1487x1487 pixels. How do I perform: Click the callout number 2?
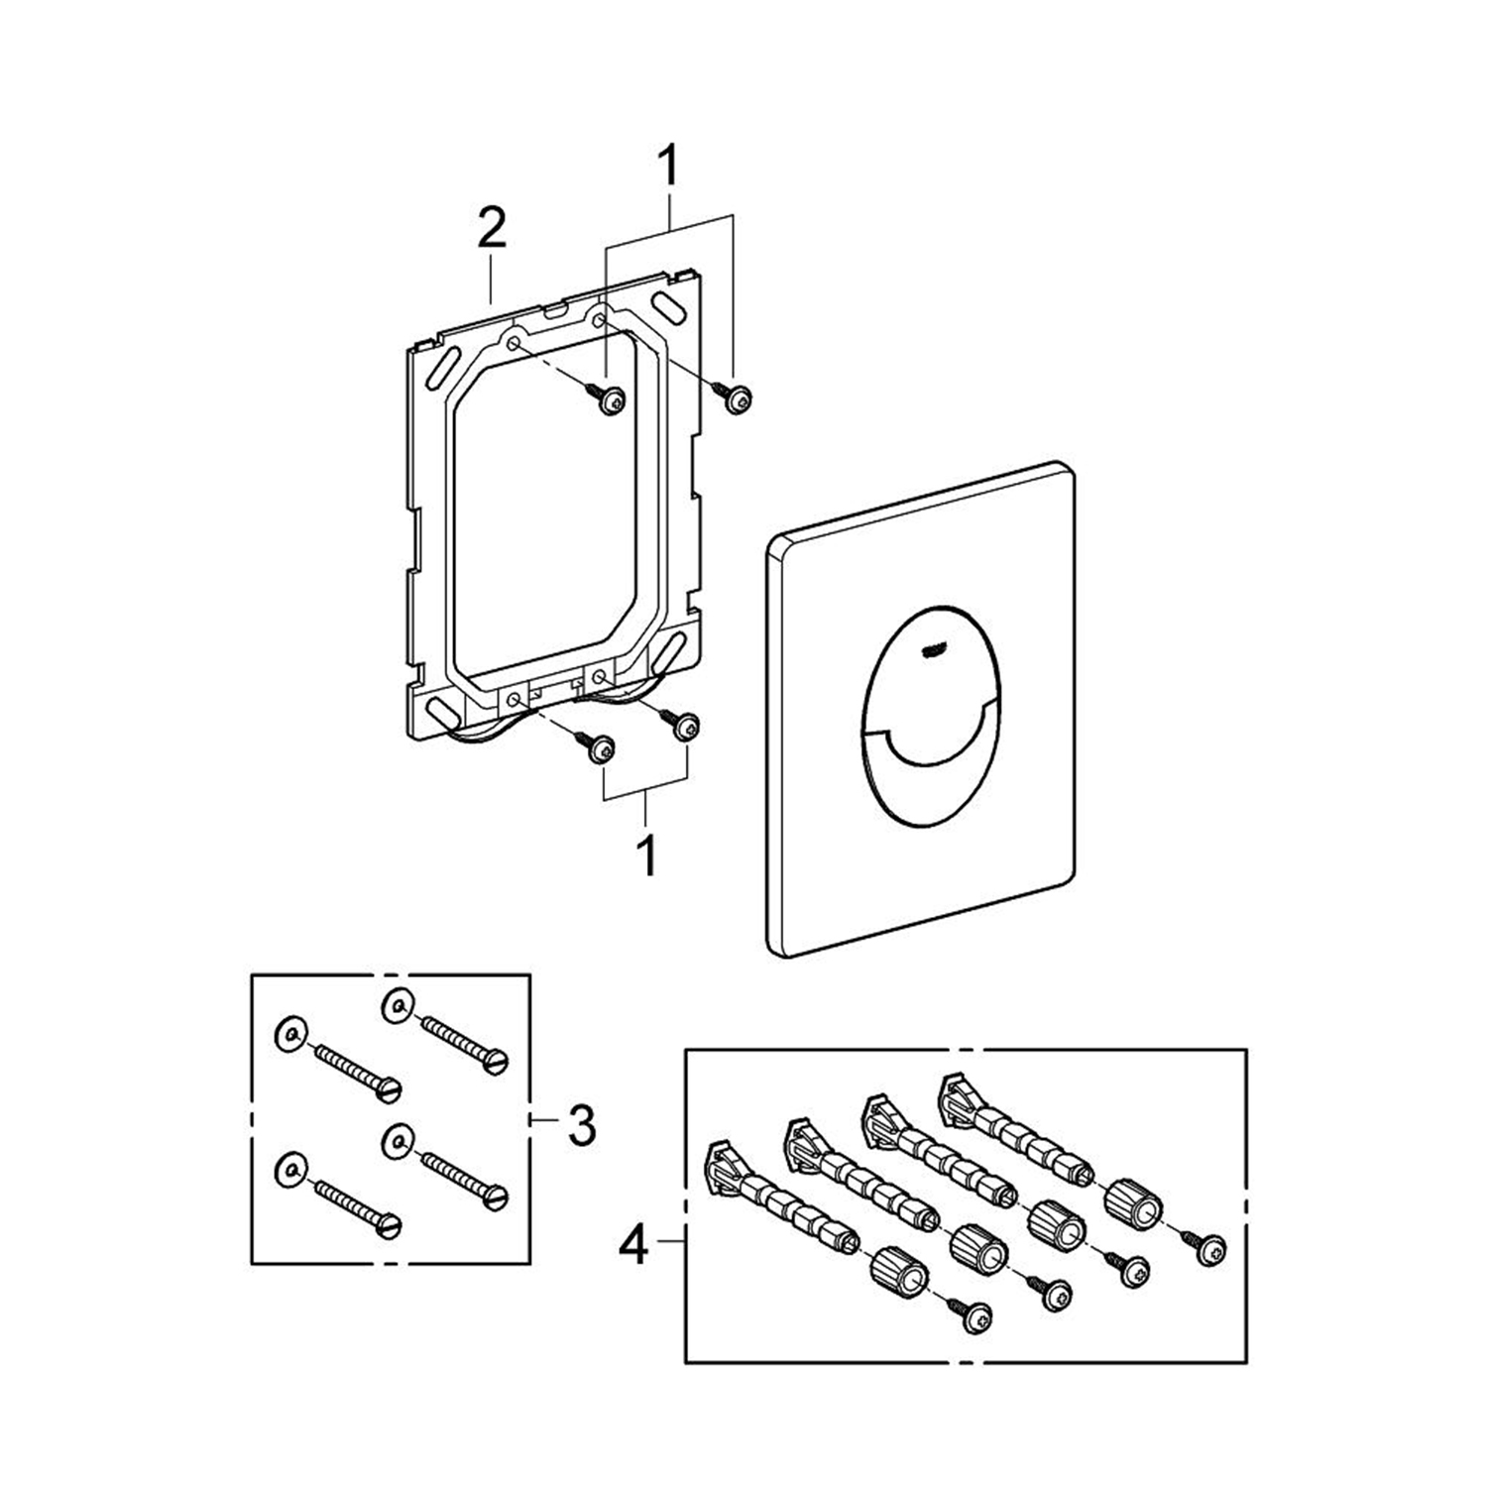(492, 231)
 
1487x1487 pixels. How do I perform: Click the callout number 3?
(581, 1125)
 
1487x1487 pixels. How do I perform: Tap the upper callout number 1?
(670, 166)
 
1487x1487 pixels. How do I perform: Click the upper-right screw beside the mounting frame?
(738, 398)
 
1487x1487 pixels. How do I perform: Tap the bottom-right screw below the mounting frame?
(685, 727)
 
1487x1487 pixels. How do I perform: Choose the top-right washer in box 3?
(397, 1009)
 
